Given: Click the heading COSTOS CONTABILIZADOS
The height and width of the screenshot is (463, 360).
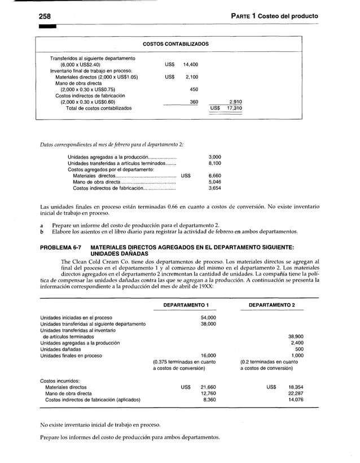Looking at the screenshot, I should (x=175, y=44).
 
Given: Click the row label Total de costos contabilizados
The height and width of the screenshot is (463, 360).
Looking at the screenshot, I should (x=98, y=108).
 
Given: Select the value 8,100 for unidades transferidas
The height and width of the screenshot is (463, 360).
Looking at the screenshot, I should (x=215, y=163).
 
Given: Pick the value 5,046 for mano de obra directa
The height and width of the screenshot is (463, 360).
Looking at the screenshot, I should (x=215, y=182).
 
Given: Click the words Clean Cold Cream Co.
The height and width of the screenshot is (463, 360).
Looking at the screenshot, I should (x=101, y=261).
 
